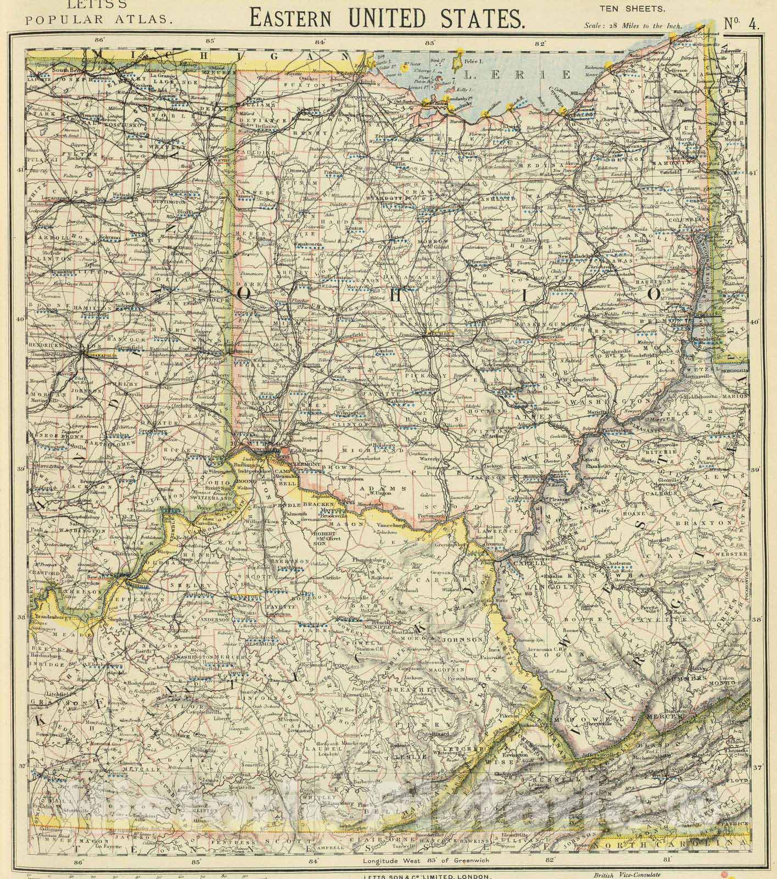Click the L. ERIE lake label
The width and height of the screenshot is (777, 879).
click(494, 74)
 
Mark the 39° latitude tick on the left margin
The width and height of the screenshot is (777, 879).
click(21, 469)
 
